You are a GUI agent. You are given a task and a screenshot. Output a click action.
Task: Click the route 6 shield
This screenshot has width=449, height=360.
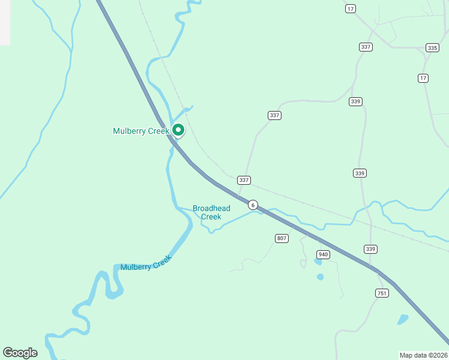(x=253, y=205)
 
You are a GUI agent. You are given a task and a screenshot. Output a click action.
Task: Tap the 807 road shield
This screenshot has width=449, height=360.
(x=282, y=238)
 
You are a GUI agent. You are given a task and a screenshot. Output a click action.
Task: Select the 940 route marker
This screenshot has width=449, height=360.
(x=324, y=254)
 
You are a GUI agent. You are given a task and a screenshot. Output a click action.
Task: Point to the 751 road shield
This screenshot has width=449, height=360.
(x=382, y=293)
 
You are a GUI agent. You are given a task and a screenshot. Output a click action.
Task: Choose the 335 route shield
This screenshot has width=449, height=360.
(x=432, y=47)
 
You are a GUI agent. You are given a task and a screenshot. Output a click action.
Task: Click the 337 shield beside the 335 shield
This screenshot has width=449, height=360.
(x=366, y=47)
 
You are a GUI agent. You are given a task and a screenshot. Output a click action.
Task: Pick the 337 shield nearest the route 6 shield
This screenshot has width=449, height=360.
(x=244, y=180)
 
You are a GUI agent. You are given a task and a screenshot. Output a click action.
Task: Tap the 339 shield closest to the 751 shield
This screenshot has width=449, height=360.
(x=370, y=249)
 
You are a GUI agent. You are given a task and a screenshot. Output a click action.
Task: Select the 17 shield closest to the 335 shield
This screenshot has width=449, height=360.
(x=423, y=78)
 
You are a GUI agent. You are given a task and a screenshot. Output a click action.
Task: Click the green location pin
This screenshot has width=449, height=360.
(x=178, y=130)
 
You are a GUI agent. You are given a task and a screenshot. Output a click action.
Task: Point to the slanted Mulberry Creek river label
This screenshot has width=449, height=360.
(x=146, y=263)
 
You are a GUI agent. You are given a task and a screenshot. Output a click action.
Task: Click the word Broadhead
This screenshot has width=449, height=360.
(x=211, y=208)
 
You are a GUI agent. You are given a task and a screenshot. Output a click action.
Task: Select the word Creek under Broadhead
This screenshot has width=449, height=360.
(x=211, y=217)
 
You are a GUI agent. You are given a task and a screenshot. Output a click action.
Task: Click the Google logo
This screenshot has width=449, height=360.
(x=20, y=353)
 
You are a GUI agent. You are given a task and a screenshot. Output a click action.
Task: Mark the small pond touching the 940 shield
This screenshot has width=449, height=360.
(x=317, y=262)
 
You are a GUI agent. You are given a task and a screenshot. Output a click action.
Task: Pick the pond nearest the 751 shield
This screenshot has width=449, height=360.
(x=403, y=319)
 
